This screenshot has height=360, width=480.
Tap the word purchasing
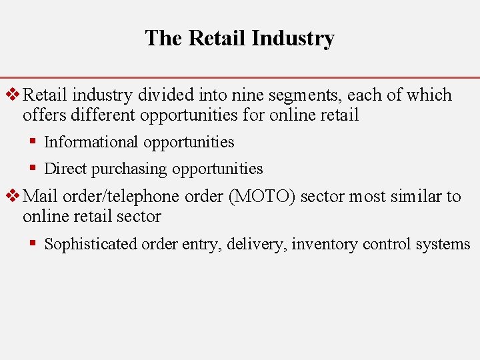coord(129,169)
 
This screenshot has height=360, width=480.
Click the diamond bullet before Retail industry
coord(12,95)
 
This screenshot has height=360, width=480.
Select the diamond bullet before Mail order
coord(12,197)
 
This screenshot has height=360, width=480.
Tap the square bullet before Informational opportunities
coord(33,142)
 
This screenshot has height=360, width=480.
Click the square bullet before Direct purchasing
coord(33,169)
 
